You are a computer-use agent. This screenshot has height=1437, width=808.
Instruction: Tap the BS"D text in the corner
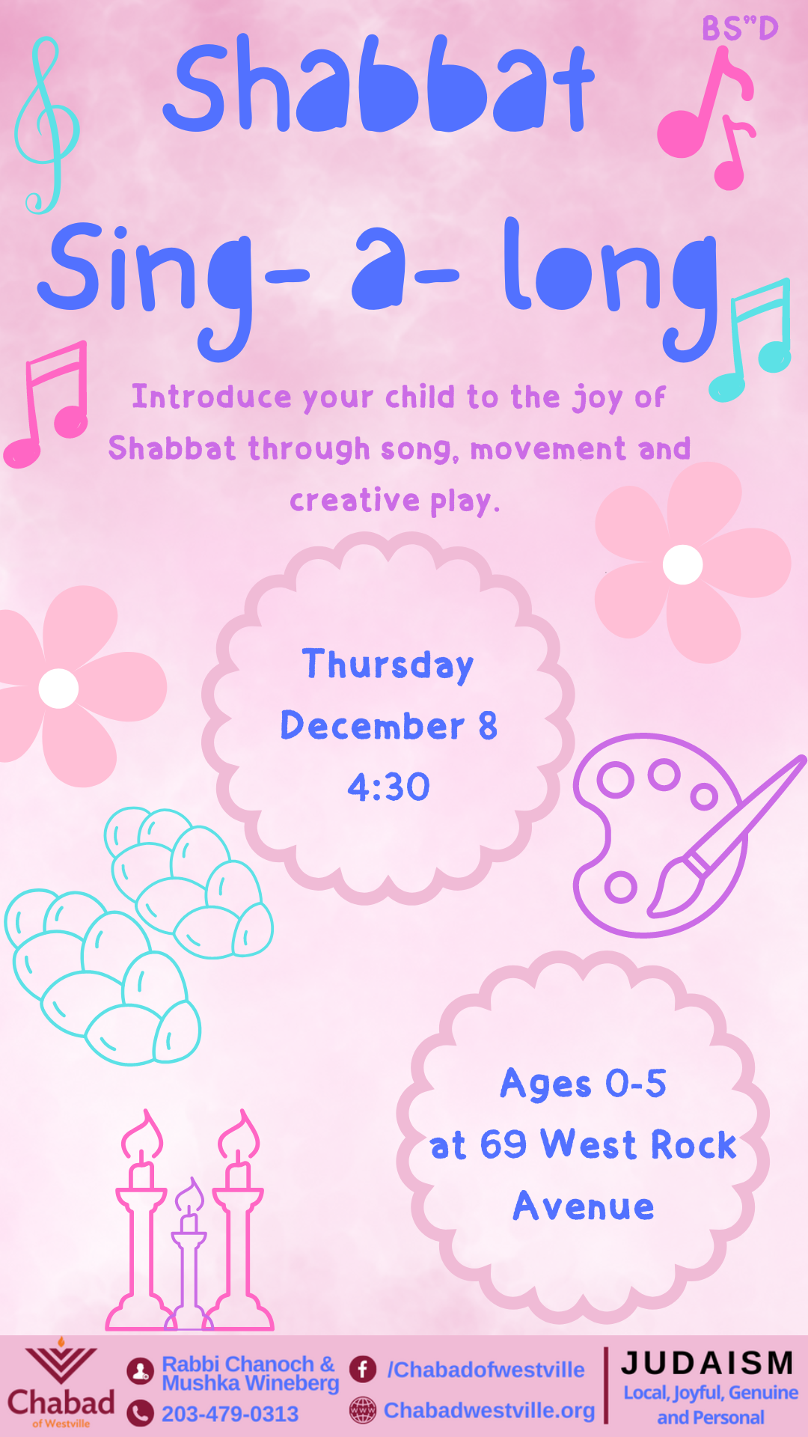pyautogui.click(x=740, y=28)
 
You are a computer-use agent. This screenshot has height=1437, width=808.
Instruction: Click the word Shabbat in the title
pyautogui.click(x=378, y=86)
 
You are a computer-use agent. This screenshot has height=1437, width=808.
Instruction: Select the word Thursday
pyautogui.click(x=388, y=665)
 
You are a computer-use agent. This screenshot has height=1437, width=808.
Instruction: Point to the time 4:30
pyautogui.click(x=388, y=787)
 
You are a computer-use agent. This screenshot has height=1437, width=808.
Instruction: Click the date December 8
pyautogui.click(x=388, y=726)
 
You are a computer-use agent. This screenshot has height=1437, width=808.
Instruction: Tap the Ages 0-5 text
pyautogui.click(x=583, y=1084)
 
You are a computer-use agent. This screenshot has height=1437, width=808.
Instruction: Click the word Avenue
pyautogui.click(x=584, y=1206)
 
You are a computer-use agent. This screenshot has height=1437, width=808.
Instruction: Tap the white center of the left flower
pyautogui.click(x=58, y=688)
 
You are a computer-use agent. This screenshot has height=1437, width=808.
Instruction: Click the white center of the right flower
pyautogui.click(x=682, y=564)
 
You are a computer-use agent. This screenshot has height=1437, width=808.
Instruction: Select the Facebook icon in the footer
pyautogui.click(x=363, y=1369)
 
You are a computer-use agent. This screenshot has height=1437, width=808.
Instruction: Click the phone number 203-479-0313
pyautogui.click(x=230, y=1414)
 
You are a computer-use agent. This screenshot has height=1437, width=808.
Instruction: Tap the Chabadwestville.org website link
pyautogui.click(x=489, y=1410)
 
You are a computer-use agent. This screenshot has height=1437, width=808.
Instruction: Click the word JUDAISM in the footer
pyautogui.click(x=707, y=1363)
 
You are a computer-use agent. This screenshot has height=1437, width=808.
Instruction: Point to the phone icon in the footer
pyautogui.click(x=140, y=1413)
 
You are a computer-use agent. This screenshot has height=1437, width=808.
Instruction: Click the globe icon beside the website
pyautogui.click(x=363, y=1410)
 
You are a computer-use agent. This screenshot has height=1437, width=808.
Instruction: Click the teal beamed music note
pyautogui.click(x=752, y=341)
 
